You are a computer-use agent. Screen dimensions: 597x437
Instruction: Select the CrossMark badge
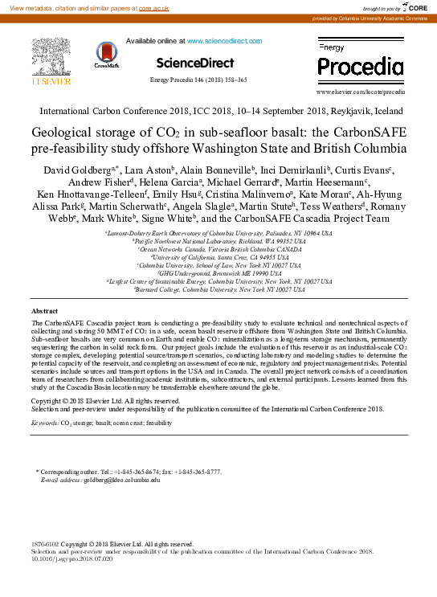(106, 55)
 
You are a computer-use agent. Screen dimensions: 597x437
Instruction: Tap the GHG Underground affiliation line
(218, 273)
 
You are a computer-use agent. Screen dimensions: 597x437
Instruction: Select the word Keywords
(44, 422)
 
